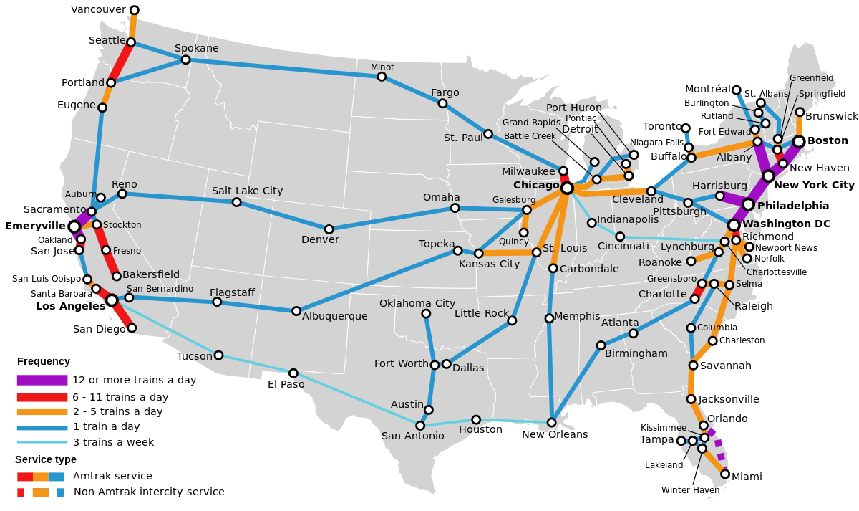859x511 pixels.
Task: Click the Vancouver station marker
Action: pyautogui.click(x=134, y=10)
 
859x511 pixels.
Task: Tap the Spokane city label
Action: pyautogui.click(x=197, y=48)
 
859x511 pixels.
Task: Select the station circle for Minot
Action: pyautogui.click(x=382, y=77)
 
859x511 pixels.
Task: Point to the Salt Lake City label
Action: pyautogui.click(x=247, y=191)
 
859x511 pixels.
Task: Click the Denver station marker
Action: pyautogui.click(x=329, y=229)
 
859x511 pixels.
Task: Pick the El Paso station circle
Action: pyautogui.click(x=293, y=373)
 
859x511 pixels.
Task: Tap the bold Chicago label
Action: pyautogui.click(x=536, y=185)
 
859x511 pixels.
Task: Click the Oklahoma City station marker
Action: pyautogui.click(x=426, y=314)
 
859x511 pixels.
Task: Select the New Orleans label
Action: pyautogui.click(x=555, y=434)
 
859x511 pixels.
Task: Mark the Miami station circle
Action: pyautogui.click(x=725, y=474)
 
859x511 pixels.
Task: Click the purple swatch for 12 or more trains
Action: pyautogui.click(x=42, y=380)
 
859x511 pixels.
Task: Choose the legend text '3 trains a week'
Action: pyautogui.click(x=113, y=442)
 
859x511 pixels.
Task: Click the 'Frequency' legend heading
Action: pyautogui.click(x=44, y=361)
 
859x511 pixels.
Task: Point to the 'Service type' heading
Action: pyautogui.click(x=46, y=459)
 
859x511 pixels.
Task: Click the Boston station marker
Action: pyautogui.click(x=799, y=142)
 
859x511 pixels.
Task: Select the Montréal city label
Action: pyautogui.click(x=708, y=89)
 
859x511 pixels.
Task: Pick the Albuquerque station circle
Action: pyautogui.click(x=296, y=311)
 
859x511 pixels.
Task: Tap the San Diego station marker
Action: pyautogui.click(x=132, y=328)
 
